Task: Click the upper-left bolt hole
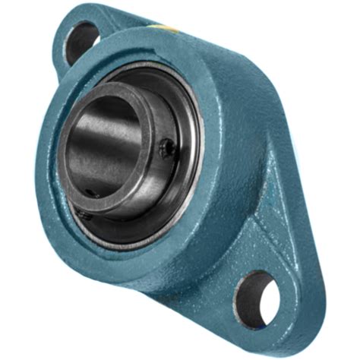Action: [x=82, y=41]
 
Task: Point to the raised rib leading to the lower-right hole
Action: [x=251, y=228]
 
